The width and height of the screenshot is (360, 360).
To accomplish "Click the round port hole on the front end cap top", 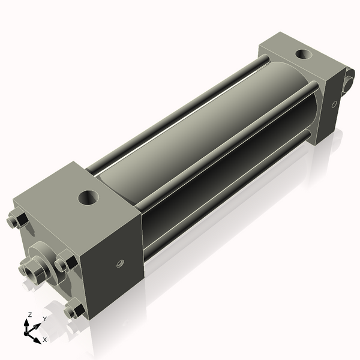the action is (88, 197).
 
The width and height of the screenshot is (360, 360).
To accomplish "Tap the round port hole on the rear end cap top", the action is (304, 54).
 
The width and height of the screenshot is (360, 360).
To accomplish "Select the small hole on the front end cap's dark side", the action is (120, 263).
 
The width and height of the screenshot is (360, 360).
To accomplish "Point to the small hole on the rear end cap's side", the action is (334, 104).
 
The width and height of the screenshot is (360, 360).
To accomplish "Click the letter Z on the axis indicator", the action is (29, 314).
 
